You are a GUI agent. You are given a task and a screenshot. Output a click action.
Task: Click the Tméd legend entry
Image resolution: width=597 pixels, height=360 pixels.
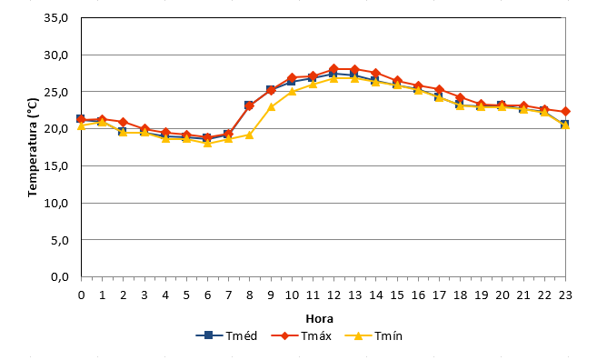(226, 336)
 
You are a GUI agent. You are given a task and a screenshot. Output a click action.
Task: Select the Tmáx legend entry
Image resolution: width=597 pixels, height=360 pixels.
(301, 336)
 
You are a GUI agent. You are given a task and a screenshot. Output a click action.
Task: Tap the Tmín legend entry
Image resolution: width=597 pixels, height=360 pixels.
(373, 336)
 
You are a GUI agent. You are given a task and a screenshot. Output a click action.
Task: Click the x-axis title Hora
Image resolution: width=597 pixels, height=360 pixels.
(320, 318)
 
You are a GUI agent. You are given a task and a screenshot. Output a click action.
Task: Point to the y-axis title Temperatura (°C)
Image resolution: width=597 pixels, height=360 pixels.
(33, 147)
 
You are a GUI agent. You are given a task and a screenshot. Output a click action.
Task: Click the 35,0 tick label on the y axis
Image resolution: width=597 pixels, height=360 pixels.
(55, 18)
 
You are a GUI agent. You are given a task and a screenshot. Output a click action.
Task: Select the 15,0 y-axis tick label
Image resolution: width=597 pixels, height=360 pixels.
(55, 166)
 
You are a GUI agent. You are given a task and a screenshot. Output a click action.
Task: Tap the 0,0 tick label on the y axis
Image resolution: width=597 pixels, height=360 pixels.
(59, 277)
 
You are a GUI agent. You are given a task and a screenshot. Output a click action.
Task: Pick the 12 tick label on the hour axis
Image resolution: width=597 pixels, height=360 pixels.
(333, 295)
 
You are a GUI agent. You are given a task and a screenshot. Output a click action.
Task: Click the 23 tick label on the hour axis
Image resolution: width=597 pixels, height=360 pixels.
(565, 295)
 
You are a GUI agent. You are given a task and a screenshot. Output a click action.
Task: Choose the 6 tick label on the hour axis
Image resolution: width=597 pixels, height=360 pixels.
(207, 295)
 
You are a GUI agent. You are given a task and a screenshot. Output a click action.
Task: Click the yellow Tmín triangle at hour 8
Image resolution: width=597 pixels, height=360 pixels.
(249, 135)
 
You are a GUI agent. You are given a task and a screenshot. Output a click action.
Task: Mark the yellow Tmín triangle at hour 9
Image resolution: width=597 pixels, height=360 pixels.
(271, 106)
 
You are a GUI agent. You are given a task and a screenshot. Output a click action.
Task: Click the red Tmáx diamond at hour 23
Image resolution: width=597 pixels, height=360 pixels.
(565, 112)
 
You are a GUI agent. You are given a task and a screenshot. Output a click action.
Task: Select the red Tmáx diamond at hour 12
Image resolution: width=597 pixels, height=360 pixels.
(333, 69)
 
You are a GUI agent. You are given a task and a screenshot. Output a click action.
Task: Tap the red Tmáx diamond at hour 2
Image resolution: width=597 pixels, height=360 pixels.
(123, 122)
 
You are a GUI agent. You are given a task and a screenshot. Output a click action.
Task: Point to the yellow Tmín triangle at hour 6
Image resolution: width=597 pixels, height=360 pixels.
(207, 143)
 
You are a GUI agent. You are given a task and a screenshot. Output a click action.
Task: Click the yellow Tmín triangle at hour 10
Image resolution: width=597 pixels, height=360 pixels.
(292, 91)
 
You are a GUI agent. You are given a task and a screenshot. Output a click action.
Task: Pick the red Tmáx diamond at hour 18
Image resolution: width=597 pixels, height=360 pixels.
(461, 97)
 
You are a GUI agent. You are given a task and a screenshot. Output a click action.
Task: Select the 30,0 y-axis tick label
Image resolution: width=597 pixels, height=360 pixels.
(55, 55)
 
